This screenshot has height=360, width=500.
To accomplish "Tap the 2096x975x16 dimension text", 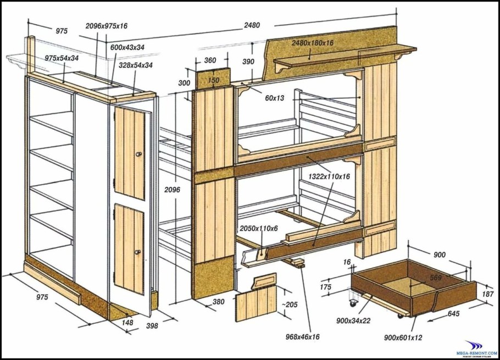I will tap(107, 26).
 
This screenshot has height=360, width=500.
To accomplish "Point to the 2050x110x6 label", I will tap(259, 228).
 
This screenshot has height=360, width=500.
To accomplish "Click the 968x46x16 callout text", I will tap(303, 336).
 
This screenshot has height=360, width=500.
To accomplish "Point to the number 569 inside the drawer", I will tap(436, 278).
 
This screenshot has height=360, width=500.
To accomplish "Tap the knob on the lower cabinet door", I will tap(137, 252).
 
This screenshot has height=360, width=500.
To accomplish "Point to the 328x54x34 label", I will tap(136, 65).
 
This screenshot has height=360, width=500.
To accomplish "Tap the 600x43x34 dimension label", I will tap(127, 48).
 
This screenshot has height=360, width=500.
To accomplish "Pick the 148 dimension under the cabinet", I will tap(127, 323).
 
